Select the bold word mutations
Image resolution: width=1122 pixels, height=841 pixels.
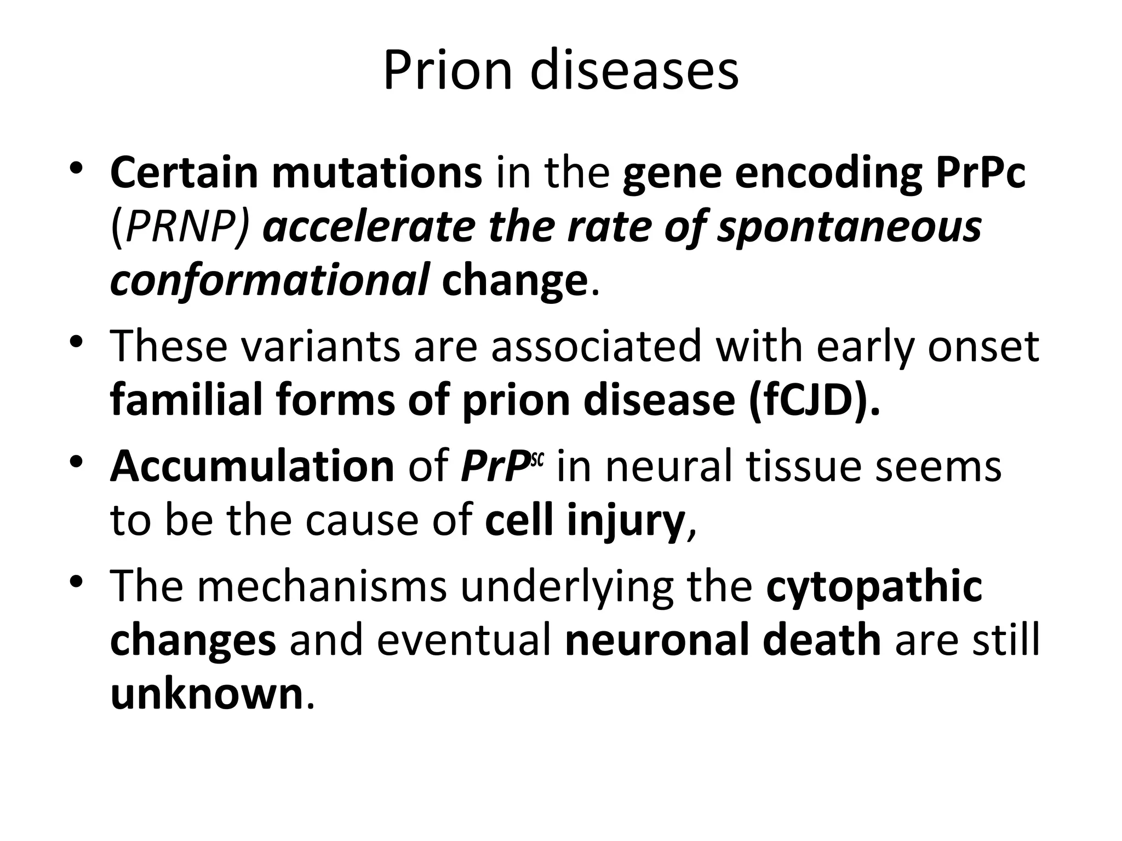(376, 173)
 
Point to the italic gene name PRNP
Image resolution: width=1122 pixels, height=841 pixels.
(180, 228)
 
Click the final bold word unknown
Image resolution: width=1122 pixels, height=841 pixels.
(207, 694)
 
